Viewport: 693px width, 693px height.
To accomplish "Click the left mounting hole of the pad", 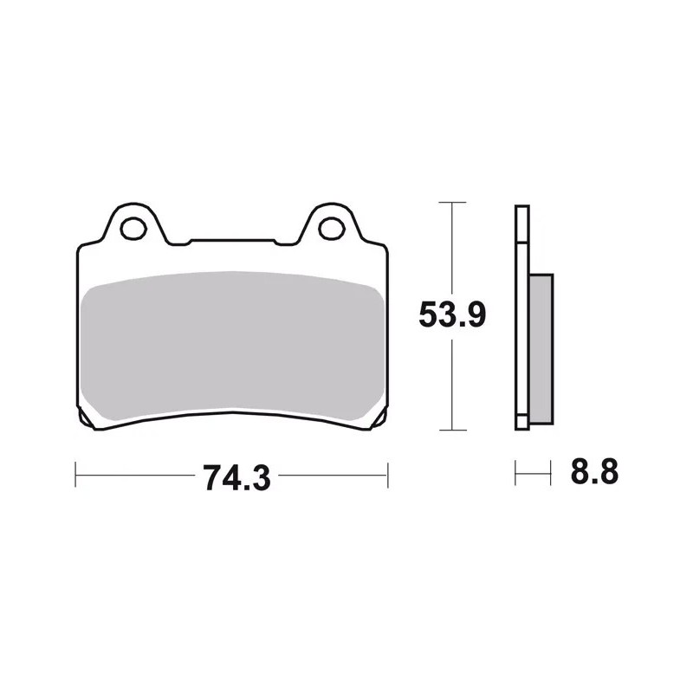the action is coord(133,229).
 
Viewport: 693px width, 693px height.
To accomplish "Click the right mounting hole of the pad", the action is coord(332,229).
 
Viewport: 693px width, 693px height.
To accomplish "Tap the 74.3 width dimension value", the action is coord(236,478).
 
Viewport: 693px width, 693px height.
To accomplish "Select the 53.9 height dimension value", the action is coord(452,314).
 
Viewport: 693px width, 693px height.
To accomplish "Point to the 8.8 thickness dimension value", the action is coord(594,472).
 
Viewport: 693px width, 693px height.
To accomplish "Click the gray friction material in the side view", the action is coord(541,349).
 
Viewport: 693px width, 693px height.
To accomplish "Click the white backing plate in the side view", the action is coord(522,317).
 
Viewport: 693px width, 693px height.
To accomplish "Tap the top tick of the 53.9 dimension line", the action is coord(452,203).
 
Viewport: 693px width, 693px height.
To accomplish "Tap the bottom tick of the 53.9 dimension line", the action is coord(452,430).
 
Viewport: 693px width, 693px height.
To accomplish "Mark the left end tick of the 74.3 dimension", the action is coord(75,475).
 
